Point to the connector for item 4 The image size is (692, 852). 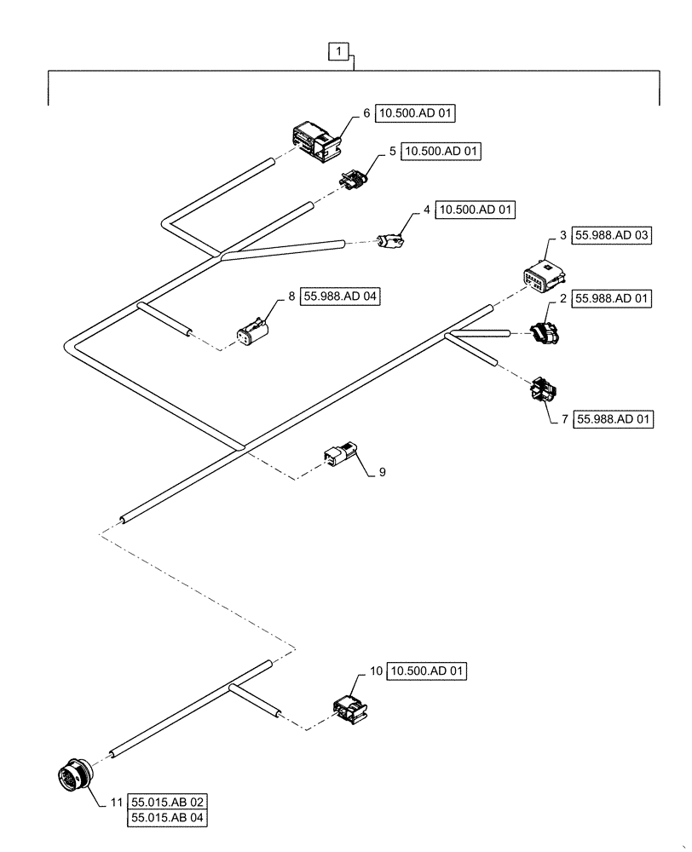(x=391, y=242)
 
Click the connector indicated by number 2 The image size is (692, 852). (x=543, y=335)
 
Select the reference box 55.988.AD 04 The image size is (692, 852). (x=340, y=296)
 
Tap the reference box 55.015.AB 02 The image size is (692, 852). (x=169, y=802)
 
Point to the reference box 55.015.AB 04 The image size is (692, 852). (x=169, y=819)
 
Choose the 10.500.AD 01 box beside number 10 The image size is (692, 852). (x=428, y=671)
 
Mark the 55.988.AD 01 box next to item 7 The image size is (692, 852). (x=614, y=420)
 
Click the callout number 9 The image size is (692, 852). (x=382, y=471)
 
